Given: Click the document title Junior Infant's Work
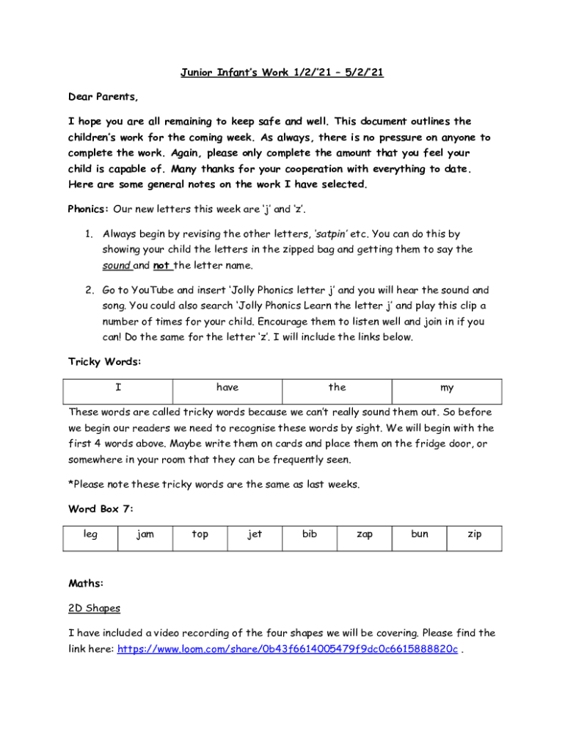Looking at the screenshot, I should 282,72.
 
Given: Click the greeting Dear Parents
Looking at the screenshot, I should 103,97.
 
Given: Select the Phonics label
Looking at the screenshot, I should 88,209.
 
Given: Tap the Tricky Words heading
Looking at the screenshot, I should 104,362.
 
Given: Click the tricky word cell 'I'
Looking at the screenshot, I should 118,388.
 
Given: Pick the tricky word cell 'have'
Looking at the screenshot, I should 227,388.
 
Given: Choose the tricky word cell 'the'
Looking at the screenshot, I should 337,388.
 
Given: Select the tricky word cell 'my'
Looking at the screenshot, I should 447,388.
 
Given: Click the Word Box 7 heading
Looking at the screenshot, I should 101,508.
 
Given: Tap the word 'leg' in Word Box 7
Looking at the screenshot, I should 90,535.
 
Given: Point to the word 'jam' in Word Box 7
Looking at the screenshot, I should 145,535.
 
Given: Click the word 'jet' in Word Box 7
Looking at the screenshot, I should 255,535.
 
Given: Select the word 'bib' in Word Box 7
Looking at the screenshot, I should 310,535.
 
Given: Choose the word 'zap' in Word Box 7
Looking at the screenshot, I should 365,535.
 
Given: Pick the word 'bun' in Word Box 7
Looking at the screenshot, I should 420,535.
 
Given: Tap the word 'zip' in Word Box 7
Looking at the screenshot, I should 475,535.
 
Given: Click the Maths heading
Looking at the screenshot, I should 86,584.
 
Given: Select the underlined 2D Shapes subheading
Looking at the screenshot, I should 94,609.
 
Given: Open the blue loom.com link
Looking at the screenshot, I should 287,649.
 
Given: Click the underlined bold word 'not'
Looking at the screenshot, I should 161,266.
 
